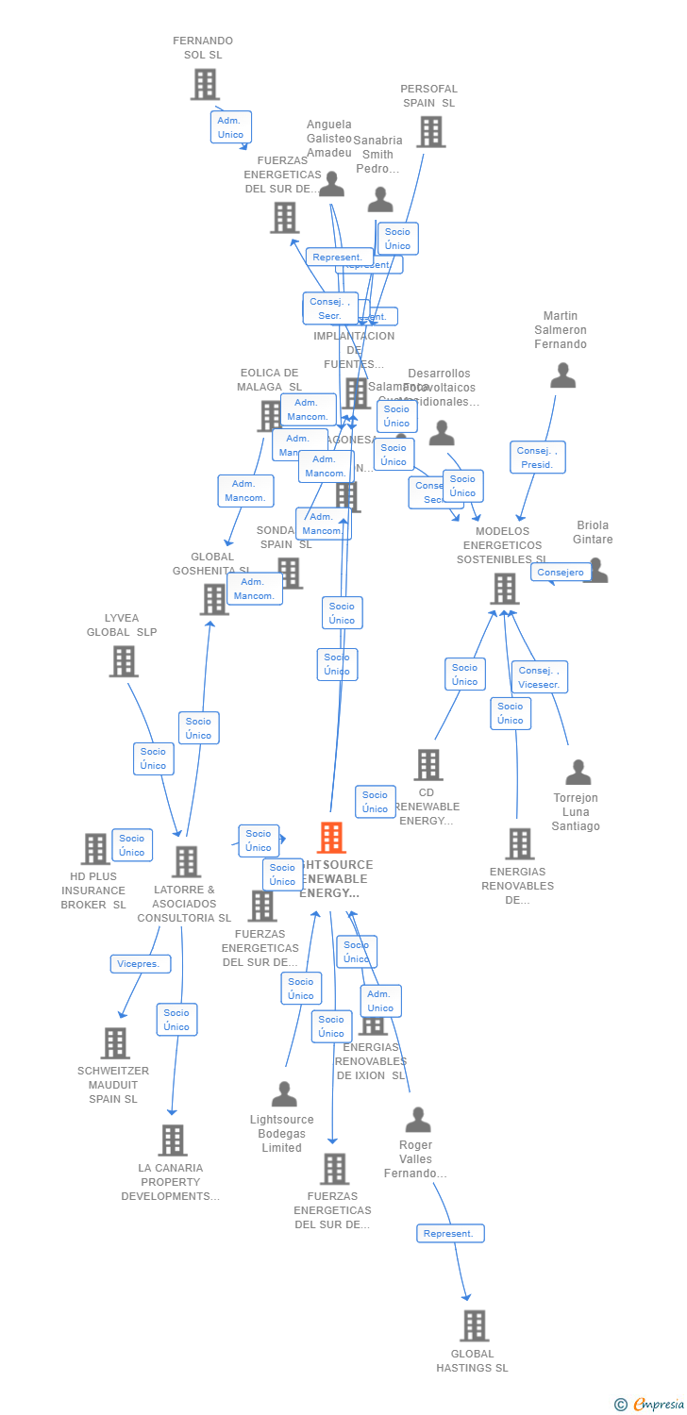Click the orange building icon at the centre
[x=331, y=837]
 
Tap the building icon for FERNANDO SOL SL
[x=205, y=84]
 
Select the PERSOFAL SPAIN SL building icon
[x=430, y=132]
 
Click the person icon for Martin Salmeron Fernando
[x=562, y=375]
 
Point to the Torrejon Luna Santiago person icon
[x=578, y=773]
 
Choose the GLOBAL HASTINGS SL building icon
[x=474, y=1325]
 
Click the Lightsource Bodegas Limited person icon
[x=284, y=1094]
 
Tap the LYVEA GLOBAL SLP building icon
[x=124, y=661]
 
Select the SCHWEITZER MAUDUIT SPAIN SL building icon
[x=115, y=1043]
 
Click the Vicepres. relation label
[x=141, y=964]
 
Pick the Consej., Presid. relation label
[x=538, y=458]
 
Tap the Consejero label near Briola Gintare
[x=561, y=572]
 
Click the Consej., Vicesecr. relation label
[x=540, y=676]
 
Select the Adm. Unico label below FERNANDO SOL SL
[x=230, y=127]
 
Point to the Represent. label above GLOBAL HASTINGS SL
[x=450, y=1233]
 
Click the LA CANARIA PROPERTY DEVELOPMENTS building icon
[x=172, y=1140]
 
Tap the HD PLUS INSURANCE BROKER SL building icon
[x=95, y=849]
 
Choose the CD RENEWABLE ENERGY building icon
[x=428, y=765]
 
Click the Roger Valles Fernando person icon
[x=417, y=1120]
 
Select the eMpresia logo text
[x=657, y=1405]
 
